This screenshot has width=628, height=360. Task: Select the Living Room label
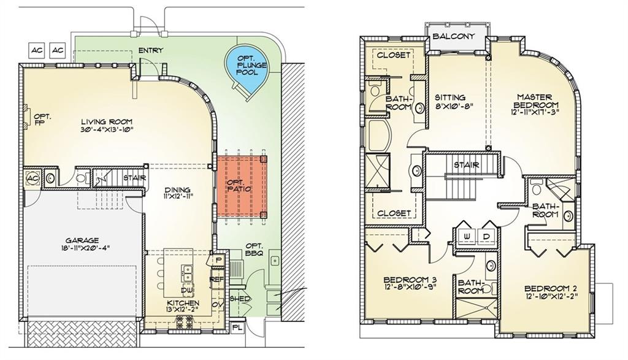107,121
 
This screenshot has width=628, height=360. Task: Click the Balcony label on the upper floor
453,36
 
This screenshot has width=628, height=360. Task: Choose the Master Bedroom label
535,101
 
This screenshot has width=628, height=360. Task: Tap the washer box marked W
467,237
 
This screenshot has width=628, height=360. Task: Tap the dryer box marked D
486,237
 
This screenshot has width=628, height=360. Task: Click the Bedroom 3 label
410,280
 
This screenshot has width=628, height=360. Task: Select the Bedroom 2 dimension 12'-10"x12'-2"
551,296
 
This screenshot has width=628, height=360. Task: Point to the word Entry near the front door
151,50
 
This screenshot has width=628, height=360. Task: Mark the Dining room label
177,190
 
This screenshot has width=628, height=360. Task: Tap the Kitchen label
183,303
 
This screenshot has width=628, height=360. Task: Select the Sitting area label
450,98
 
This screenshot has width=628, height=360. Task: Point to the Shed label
240,299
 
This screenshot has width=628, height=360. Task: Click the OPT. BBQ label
254,249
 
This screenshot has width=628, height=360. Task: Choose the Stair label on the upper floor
467,165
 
